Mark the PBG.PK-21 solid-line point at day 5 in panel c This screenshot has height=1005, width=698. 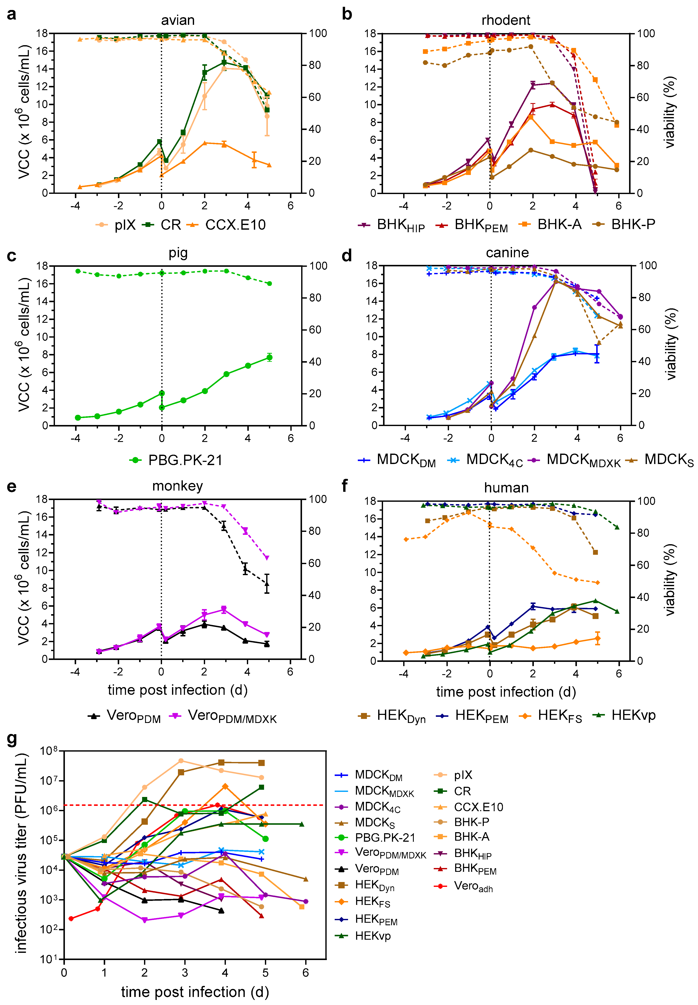(269, 358)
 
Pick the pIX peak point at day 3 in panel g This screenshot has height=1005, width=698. (181, 761)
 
